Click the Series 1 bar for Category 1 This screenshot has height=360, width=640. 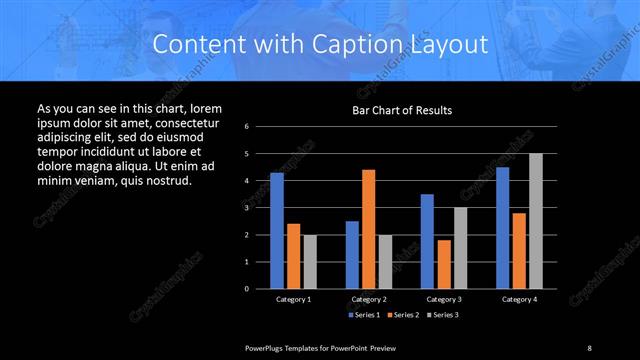(277, 230)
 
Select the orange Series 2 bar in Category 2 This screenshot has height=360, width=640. (368, 229)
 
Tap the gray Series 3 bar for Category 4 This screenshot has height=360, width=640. (536, 221)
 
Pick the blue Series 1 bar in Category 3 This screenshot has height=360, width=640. (427, 241)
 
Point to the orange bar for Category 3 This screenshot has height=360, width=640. (443, 264)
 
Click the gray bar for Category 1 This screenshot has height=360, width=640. (310, 261)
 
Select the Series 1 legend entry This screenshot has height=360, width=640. (364, 314)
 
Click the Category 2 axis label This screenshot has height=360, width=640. (369, 299)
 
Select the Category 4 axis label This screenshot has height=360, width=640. (519, 299)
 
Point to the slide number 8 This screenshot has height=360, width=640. (589, 347)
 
